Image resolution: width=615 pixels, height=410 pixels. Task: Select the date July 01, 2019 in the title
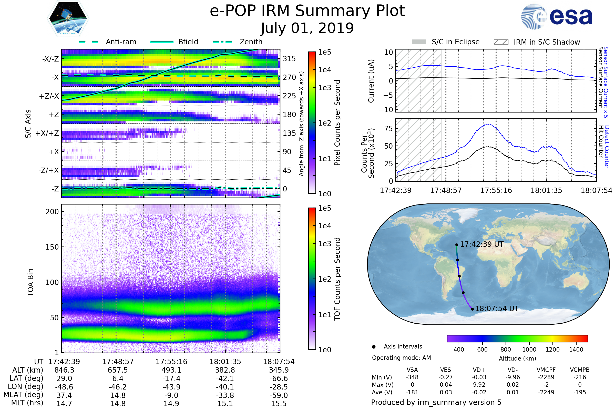pyautogui.click(x=307, y=28)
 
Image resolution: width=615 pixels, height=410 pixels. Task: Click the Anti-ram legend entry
pyautogui.click(x=121, y=42)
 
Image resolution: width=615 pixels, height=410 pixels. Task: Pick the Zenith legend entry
pyautogui.click(x=251, y=42)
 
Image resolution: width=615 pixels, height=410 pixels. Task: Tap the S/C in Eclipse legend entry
pyautogui.click(x=455, y=42)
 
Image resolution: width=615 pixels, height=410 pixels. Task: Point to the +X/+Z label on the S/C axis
pyautogui.click(x=47, y=133)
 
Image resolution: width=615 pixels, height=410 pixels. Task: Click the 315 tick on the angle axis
pyautogui.click(x=289, y=59)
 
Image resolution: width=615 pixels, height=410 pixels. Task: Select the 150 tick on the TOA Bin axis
pyautogui.click(x=52, y=247)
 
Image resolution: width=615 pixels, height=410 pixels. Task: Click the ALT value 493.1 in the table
pyautogui.click(x=171, y=370)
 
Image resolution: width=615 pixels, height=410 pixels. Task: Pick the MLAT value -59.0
pyautogui.click(x=279, y=395)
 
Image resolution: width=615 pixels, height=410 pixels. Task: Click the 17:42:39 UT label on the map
pyautogui.click(x=481, y=244)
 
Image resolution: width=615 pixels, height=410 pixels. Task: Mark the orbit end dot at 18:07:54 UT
pyautogui.click(x=472, y=309)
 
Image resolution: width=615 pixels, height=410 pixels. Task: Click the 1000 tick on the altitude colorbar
pyautogui.click(x=529, y=350)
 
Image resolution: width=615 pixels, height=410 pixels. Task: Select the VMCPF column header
pyautogui.click(x=546, y=370)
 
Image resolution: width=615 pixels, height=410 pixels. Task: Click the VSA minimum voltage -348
pyautogui.click(x=412, y=377)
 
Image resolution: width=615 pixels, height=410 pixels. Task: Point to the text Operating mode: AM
pyautogui.click(x=401, y=358)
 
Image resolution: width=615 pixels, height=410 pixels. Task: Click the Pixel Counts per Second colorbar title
pyautogui.click(x=337, y=123)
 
